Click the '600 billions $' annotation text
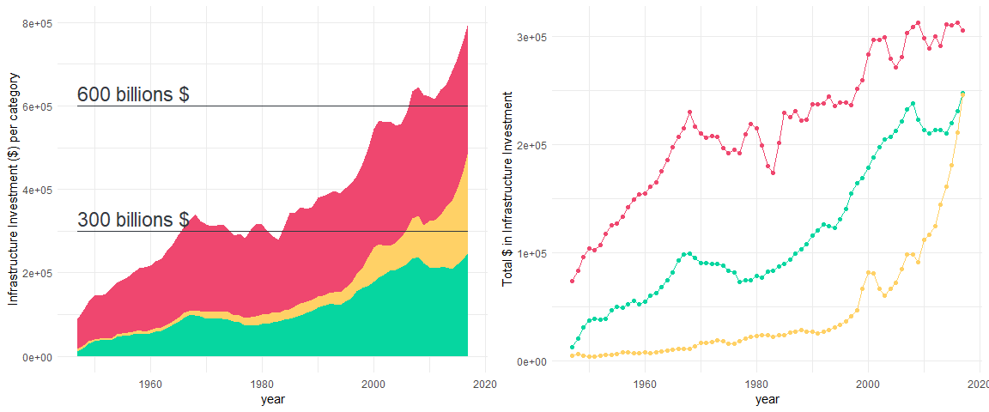(x=133, y=94)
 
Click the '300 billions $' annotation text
(x=133, y=220)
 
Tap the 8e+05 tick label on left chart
(x=38, y=23)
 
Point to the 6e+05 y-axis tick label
(x=38, y=106)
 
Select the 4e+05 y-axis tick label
(x=38, y=190)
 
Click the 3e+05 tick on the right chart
(x=535, y=37)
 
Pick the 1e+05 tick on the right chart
(x=535, y=253)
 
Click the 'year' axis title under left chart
(x=273, y=399)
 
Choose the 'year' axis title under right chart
(x=768, y=399)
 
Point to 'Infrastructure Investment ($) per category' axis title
(x=14, y=189)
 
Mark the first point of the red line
(x=573, y=281)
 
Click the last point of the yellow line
(x=962, y=93)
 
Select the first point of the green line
(x=573, y=347)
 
